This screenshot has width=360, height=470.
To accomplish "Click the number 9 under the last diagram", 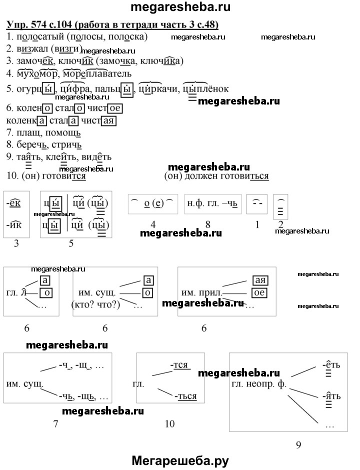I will (298, 444).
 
